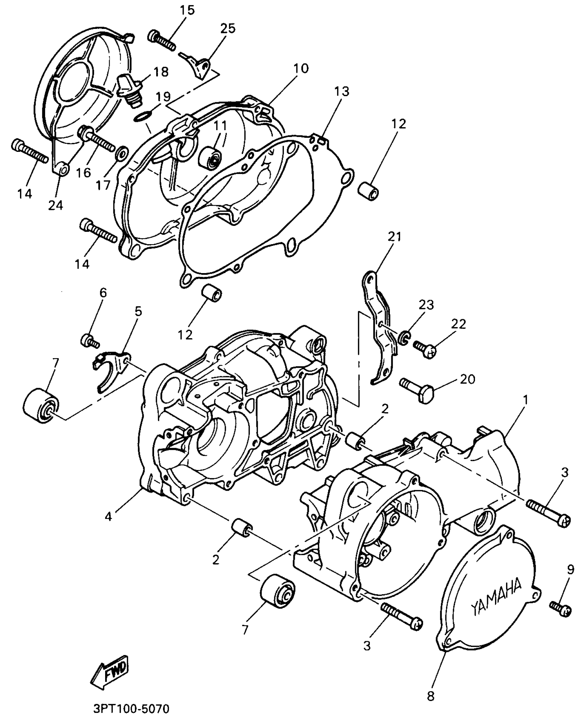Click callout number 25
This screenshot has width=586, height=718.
228,28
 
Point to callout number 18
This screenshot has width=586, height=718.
161,72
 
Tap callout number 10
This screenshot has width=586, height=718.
301,68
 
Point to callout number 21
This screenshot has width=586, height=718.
394,237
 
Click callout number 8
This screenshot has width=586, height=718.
431,696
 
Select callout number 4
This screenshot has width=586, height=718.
109,517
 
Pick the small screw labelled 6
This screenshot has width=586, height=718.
90,341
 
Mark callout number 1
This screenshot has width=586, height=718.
525,400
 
